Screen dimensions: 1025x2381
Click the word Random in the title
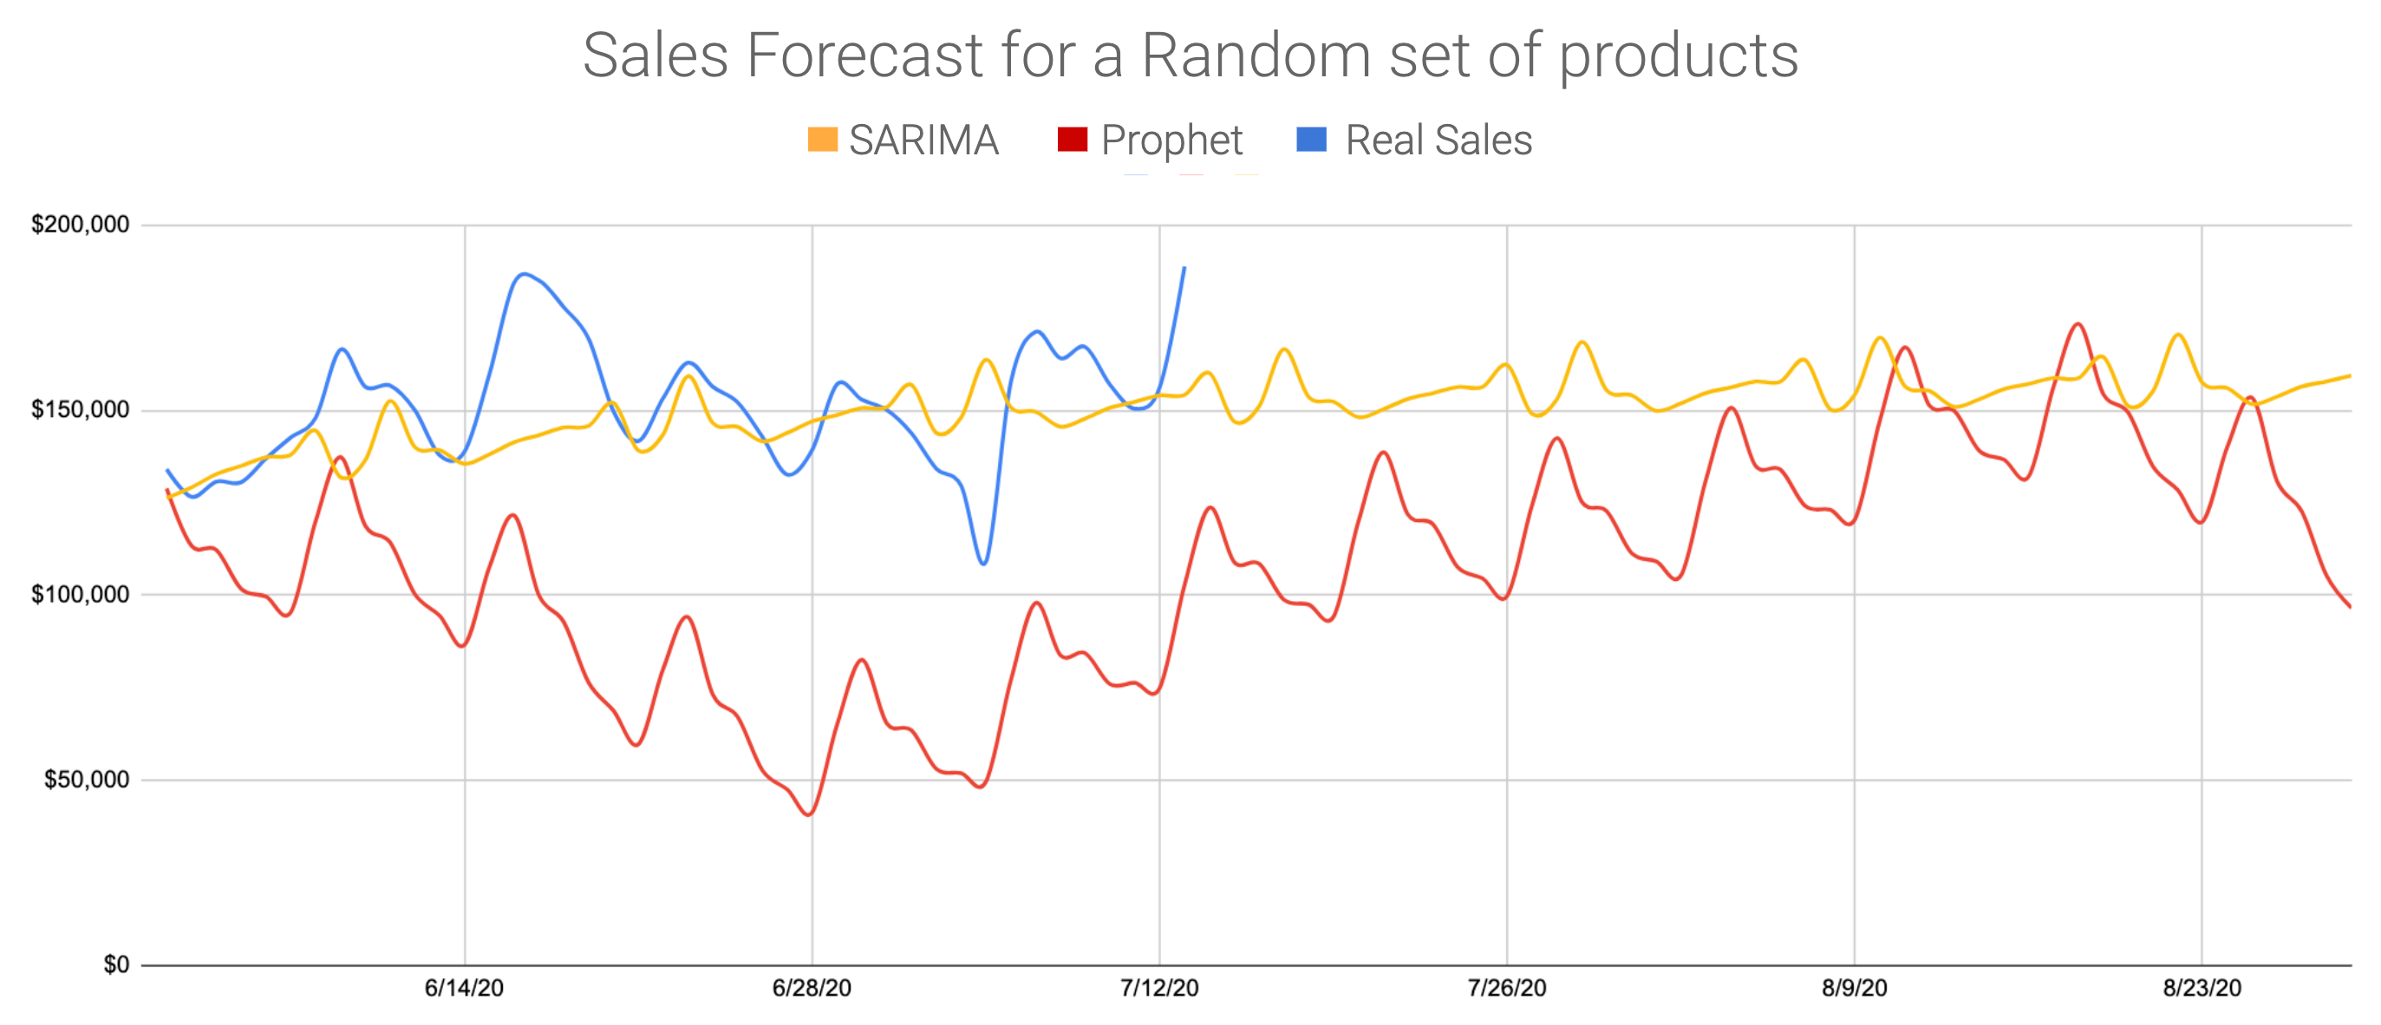coord(1256,55)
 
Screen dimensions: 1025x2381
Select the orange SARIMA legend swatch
coord(822,140)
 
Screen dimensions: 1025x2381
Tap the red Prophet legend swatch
coord(1073,140)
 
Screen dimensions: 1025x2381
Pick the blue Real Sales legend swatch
coord(1312,140)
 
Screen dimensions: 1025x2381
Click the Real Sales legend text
coord(1438,140)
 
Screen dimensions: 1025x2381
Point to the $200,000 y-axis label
coord(81,225)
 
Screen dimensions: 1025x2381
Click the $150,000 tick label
coord(81,409)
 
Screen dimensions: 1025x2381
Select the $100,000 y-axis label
coord(81,594)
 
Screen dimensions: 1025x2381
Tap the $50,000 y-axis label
coord(87,779)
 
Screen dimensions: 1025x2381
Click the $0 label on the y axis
coord(116,965)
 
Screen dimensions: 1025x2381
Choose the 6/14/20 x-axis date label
coord(464,988)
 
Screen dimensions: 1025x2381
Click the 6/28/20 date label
coord(812,988)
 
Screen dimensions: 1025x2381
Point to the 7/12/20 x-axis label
coord(1159,988)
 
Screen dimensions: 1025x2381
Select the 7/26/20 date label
coord(1507,988)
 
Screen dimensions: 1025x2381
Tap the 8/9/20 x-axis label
coord(1854,988)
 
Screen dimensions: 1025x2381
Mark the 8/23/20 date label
coord(2202,988)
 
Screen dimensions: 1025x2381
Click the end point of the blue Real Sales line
coord(1184,268)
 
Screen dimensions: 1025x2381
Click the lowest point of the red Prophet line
coord(810,814)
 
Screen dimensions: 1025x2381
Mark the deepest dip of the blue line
coord(983,564)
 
